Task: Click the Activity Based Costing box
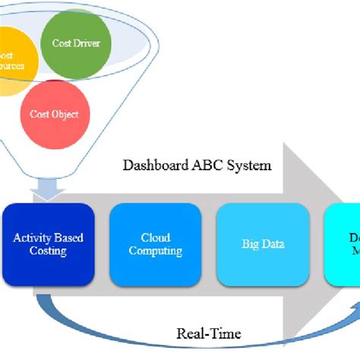click(x=47, y=244)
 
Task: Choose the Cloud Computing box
click(x=156, y=244)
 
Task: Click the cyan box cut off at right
click(x=343, y=244)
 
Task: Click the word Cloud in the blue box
click(x=156, y=238)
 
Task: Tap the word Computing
click(x=156, y=251)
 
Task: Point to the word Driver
click(x=87, y=43)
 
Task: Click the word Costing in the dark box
click(x=47, y=251)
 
